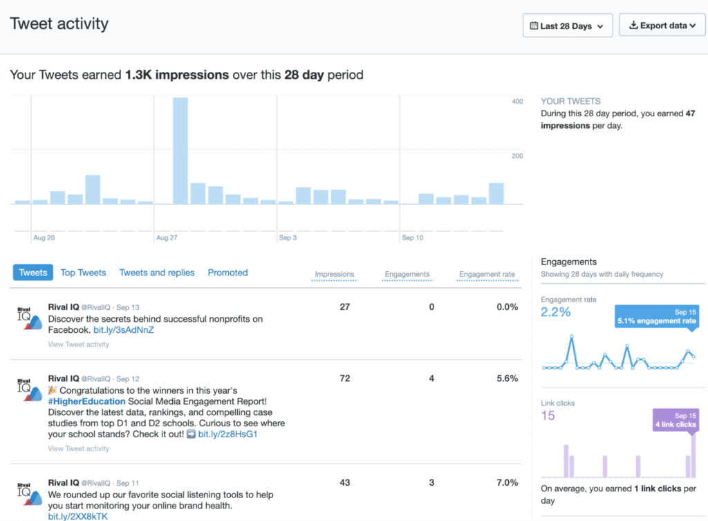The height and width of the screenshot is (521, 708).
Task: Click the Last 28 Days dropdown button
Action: click(567, 26)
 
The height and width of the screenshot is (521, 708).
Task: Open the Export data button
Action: click(662, 26)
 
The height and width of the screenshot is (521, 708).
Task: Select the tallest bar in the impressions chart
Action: click(180, 151)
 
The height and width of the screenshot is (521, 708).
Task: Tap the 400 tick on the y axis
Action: click(516, 102)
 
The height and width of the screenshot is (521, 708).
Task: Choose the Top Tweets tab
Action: click(83, 273)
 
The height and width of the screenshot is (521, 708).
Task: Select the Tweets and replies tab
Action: click(157, 273)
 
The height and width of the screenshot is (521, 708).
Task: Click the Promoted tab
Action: click(227, 273)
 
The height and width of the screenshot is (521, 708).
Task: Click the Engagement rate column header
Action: click(487, 274)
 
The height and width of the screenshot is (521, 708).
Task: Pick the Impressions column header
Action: click(335, 274)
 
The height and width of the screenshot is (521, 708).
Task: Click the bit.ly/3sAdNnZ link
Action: click(124, 330)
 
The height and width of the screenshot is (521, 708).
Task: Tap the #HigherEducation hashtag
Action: click(86, 401)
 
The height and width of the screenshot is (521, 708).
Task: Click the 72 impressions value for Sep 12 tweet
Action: click(345, 378)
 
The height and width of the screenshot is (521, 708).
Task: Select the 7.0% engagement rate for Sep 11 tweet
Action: click(507, 482)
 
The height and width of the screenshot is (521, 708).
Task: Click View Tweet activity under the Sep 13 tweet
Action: click(79, 345)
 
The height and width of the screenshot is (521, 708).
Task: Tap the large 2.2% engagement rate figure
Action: click(556, 312)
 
